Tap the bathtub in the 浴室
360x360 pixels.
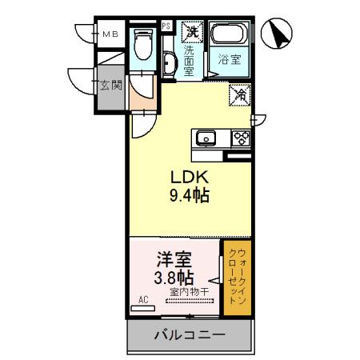(230, 36)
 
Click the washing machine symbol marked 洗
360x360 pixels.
(191, 33)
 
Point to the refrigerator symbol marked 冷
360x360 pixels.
(239, 94)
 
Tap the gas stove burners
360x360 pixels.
(239, 138)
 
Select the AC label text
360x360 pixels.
(144, 300)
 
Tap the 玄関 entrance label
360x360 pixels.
(110, 85)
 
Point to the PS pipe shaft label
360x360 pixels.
(166, 26)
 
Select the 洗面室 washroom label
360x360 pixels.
(189, 59)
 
